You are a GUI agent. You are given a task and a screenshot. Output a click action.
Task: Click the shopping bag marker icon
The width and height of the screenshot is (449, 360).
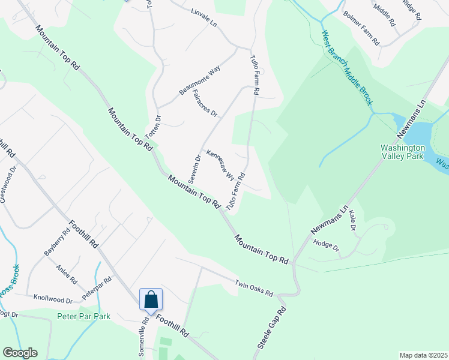(x=151, y=299)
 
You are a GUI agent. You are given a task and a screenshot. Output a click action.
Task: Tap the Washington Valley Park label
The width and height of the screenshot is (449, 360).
(x=403, y=152)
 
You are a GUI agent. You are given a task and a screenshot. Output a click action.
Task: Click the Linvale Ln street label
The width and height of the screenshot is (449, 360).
(x=203, y=16)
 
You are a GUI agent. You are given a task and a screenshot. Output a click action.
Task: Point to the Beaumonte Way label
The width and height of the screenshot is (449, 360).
(x=200, y=81)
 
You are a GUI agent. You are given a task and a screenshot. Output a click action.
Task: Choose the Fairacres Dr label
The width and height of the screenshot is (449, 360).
(x=204, y=103)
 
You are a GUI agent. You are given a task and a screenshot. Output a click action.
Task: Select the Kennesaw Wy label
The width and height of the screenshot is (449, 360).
(x=220, y=165)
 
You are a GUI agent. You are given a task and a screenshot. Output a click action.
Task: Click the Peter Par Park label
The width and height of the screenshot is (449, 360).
(x=83, y=316)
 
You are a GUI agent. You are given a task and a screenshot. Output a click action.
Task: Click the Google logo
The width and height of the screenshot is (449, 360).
(x=20, y=353)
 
